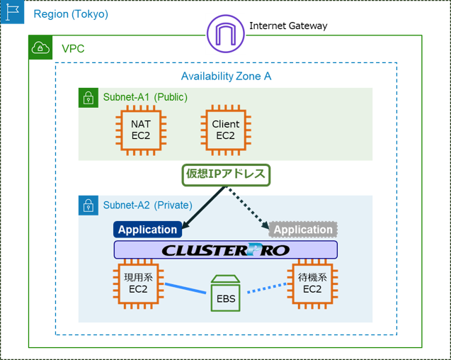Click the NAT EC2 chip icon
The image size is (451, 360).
[x=141, y=130]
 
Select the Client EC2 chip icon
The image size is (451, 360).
[x=225, y=130]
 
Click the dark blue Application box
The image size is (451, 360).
[x=147, y=230]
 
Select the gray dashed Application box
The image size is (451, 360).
[x=303, y=230]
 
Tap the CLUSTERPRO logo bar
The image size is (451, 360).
[x=226, y=250]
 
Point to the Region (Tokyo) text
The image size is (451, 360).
[x=71, y=14]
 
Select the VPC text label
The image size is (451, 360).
[x=74, y=48]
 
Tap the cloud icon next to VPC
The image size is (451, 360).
[x=40, y=48]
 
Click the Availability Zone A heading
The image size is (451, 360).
[x=226, y=76]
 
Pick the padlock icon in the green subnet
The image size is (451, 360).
[x=88, y=98]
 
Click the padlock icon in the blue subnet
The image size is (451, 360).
[x=88, y=206]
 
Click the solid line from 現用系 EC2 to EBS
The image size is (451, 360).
[x=186, y=286]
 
